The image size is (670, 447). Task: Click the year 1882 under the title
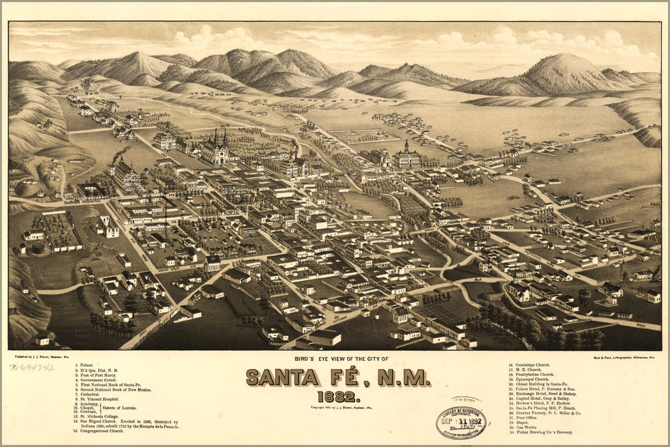coord(335,397)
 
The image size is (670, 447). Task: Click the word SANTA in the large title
coord(283,378)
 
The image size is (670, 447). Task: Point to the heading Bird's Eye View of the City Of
coord(335,360)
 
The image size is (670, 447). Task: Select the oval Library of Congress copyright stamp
coord(461,421)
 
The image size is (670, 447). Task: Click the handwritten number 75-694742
coord(32,367)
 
